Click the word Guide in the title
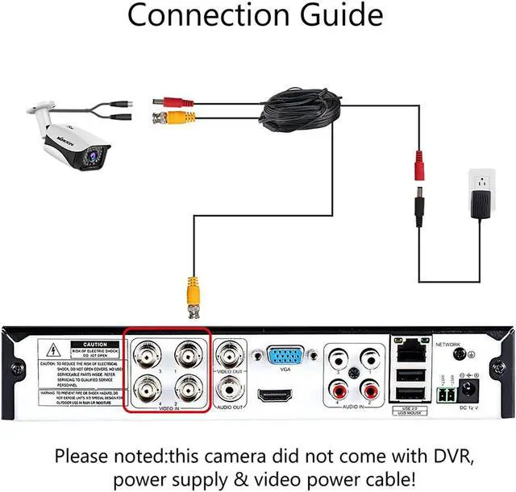(x=334, y=16)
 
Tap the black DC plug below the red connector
(x=419, y=211)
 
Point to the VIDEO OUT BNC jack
(x=229, y=354)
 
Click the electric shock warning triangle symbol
(x=52, y=349)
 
